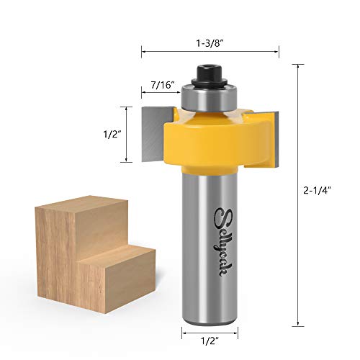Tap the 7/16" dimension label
(162, 84)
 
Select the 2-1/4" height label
(318, 190)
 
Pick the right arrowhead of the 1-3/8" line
(277, 50)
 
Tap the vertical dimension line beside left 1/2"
(128, 134)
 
